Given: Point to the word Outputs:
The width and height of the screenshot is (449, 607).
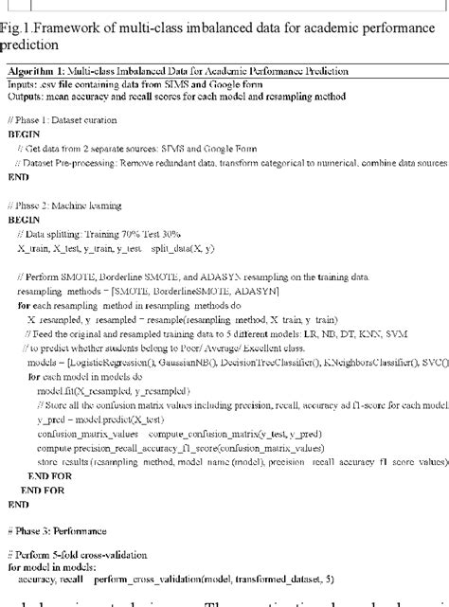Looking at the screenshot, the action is pos(25,96).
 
